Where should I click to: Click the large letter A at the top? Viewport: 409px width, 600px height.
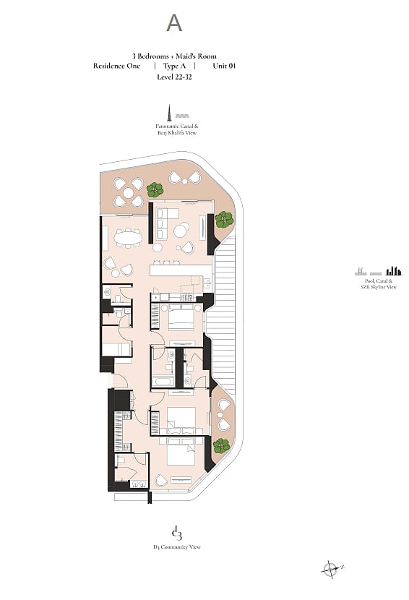(174, 23)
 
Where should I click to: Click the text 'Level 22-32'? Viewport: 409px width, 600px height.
(174, 77)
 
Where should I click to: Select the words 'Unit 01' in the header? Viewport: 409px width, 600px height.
(224, 66)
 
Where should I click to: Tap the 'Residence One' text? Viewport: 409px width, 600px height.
(116, 66)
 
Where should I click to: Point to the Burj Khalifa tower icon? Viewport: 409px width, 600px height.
(168, 111)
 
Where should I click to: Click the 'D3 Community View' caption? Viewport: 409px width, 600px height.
(177, 547)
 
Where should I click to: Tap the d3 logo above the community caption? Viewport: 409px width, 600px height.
(176, 533)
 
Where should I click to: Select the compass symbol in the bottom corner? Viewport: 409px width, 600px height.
(330, 569)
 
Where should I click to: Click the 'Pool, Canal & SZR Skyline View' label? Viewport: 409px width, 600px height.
(379, 284)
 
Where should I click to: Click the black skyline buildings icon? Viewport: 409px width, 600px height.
(394, 271)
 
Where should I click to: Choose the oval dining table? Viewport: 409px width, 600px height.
(128, 239)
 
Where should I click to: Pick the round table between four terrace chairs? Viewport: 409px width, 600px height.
(128, 192)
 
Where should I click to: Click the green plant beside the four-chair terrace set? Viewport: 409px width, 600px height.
(155, 189)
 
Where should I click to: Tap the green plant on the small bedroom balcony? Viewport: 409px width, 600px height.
(222, 446)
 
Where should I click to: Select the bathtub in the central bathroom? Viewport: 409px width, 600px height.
(163, 382)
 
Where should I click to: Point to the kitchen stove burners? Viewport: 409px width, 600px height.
(186, 296)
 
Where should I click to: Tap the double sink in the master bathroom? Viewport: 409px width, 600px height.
(139, 484)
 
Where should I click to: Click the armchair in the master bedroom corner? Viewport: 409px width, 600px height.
(160, 481)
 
